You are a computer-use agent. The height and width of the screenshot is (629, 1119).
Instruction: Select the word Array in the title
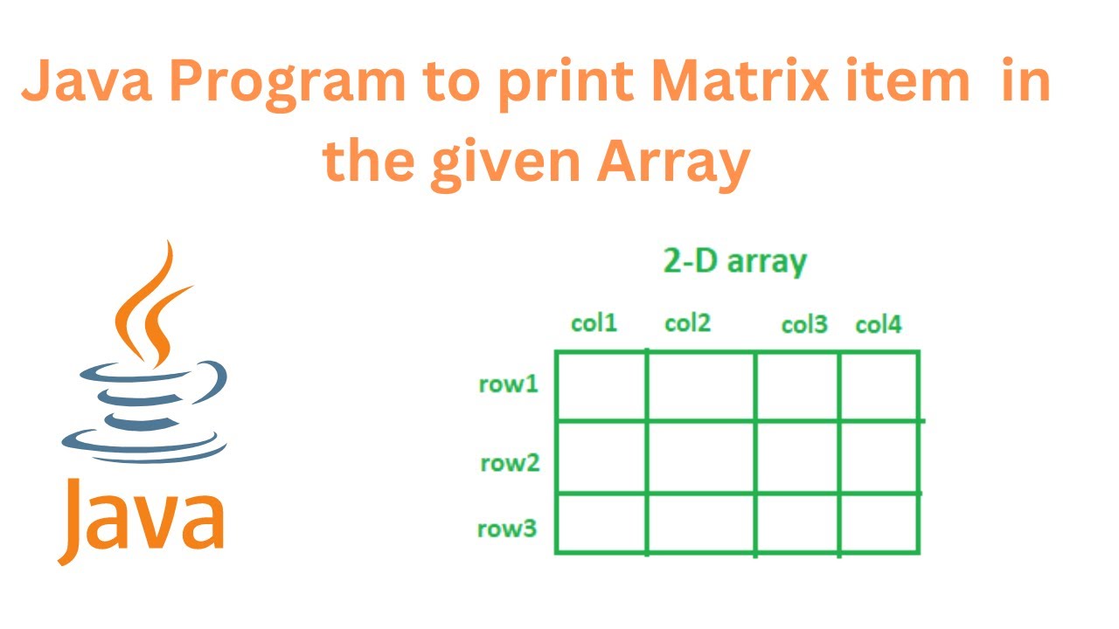tap(673, 161)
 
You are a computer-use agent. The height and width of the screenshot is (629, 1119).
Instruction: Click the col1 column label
tap(594, 323)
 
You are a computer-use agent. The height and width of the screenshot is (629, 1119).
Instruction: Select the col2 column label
tap(688, 323)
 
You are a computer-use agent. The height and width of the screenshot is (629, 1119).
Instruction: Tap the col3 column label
tap(803, 325)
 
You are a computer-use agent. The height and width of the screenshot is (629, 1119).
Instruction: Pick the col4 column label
tap(878, 325)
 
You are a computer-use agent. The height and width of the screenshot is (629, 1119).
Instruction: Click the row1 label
tap(508, 384)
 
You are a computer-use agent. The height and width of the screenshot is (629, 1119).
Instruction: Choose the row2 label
tap(510, 463)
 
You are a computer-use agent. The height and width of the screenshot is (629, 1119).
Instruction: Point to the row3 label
tap(506, 529)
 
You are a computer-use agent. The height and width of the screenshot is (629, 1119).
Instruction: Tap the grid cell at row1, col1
tap(601, 385)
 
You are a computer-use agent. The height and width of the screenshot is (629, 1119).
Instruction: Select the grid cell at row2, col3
tap(797, 457)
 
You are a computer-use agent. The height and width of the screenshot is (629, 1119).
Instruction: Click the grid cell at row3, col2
tap(701, 522)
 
